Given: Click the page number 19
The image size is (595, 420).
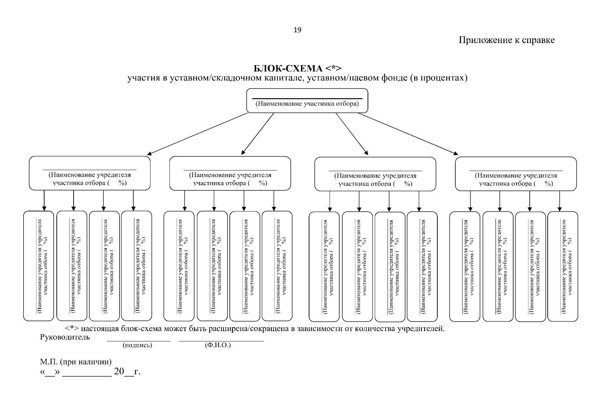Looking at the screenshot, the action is coord(297,30).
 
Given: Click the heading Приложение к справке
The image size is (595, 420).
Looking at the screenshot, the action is coord(507,40).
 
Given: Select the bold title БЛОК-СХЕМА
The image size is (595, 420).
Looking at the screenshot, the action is coord(288,69).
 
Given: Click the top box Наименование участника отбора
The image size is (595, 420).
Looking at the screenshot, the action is coord(307,100).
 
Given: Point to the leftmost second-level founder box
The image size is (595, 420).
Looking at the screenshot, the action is coord(90,173).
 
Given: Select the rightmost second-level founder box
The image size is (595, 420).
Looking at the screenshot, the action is coord(516,174).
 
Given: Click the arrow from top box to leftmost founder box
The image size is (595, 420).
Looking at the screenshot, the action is coord(197,134).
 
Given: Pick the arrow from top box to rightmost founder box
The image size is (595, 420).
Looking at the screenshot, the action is coord(408,134).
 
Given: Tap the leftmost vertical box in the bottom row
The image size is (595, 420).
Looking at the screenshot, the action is coord(39,266).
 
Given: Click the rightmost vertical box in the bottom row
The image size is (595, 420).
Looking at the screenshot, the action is coord(563,266).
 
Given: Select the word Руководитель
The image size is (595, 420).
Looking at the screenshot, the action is coord(65,337).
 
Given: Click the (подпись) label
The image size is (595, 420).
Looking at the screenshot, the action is coord(137,345).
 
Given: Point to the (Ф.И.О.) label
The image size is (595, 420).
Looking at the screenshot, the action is coord(218,345).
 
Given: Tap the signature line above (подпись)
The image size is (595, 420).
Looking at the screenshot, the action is coord(138,341).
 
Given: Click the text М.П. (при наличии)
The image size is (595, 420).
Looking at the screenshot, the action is coord(76,362).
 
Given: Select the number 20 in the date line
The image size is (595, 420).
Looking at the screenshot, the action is coord(119,371).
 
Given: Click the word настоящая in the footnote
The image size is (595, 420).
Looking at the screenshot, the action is coord(100,329).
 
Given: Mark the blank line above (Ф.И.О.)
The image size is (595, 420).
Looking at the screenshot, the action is coord(221,341).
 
